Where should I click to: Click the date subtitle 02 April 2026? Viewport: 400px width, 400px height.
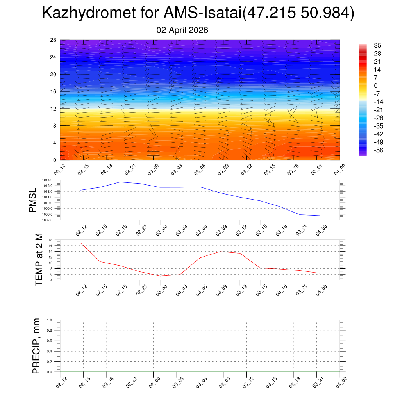click(x=182, y=30)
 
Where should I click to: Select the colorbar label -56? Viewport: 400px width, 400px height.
click(x=378, y=150)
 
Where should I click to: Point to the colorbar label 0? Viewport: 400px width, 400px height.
click(x=376, y=86)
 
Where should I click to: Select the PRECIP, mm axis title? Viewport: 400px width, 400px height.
click(x=36, y=346)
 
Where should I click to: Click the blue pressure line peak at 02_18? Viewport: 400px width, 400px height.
click(x=120, y=182)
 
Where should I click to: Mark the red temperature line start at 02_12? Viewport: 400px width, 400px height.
click(x=80, y=242)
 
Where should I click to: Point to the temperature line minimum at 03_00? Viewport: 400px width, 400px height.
click(x=160, y=276)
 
